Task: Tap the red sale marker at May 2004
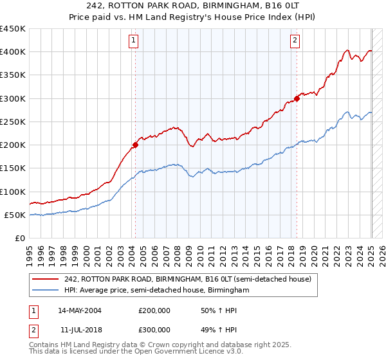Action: click(136, 145)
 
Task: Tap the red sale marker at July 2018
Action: click(297, 98)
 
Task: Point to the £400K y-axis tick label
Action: click(13, 52)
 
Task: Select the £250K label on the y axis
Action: click(13, 122)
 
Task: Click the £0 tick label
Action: click(20, 238)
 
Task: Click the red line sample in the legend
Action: click(46, 279)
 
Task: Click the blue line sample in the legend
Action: click(46, 291)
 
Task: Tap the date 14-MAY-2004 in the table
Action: click(80, 310)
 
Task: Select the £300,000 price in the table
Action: click(154, 329)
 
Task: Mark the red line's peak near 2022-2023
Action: click(347, 50)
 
